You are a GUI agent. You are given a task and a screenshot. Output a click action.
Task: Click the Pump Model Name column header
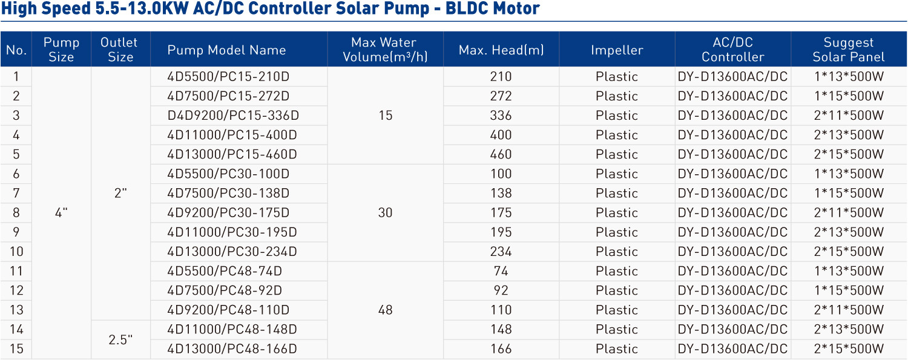tap(226, 50)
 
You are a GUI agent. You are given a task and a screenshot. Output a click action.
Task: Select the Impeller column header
tap(617, 50)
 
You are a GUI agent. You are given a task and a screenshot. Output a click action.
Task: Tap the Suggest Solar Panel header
tap(849, 50)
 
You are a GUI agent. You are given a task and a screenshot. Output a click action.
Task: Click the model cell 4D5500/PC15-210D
tap(228, 76)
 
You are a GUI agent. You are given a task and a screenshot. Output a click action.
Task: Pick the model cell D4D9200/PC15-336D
tap(233, 116)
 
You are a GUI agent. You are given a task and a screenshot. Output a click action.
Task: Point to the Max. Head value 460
tap(501, 154)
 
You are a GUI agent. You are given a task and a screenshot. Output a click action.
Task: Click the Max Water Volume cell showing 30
tap(385, 212)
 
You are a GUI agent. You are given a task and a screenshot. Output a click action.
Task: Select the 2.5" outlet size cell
tap(120, 339)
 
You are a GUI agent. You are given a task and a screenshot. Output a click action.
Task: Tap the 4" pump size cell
tap(61, 212)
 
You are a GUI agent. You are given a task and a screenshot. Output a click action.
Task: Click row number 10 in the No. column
tap(16, 252)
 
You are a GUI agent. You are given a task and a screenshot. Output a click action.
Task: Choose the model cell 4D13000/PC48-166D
tap(232, 349)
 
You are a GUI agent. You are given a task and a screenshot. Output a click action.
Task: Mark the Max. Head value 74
tap(501, 271)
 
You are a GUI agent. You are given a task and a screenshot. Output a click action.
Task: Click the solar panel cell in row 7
tap(849, 193)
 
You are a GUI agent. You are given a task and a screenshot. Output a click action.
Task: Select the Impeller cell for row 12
tap(617, 290)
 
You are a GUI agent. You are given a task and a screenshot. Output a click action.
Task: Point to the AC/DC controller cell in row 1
tap(732, 76)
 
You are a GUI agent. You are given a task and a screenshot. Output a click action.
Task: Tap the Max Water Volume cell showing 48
tap(385, 310)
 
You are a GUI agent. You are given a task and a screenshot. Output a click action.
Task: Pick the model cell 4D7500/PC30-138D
tap(228, 193)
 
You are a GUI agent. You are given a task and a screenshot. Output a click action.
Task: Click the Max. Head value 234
tap(501, 252)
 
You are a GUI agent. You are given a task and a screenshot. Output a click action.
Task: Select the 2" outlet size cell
tap(120, 193)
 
